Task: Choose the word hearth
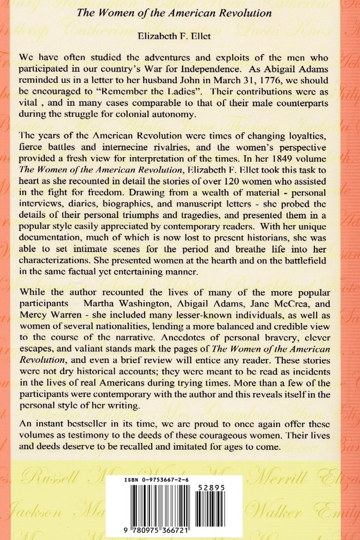224,258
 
